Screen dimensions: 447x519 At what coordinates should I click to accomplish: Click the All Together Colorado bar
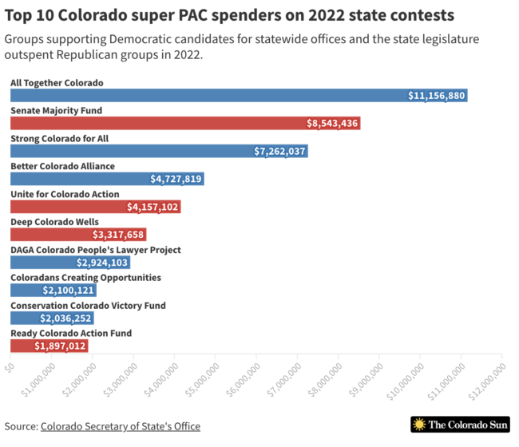(238, 95)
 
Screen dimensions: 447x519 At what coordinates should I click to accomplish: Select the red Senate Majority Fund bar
(184, 123)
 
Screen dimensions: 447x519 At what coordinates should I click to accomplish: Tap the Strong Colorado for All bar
(159, 151)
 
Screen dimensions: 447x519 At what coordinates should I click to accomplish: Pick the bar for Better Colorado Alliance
(107, 179)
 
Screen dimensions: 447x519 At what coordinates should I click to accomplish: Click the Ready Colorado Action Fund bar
(49, 346)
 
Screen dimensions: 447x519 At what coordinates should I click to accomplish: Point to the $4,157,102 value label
(152, 207)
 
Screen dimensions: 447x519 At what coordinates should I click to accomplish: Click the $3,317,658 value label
(118, 235)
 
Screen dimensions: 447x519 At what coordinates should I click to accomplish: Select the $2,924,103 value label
(101, 263)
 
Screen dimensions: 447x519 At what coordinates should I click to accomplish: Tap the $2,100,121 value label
(69, 291)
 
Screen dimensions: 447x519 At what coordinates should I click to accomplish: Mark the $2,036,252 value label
(66, 318)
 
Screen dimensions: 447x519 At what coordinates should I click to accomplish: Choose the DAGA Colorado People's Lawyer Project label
(95, 250)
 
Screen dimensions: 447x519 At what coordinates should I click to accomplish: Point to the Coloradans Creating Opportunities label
(85, 278)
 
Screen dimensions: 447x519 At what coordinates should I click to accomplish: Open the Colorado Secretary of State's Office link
(120, 426)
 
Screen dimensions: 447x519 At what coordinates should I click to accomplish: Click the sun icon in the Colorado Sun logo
(419, 425)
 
